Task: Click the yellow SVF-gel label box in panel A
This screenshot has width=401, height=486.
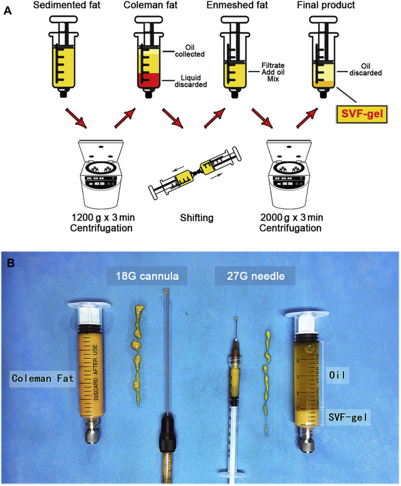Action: [361, 114]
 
